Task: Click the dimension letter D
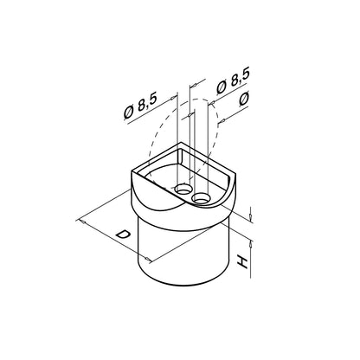[x=122, y=234]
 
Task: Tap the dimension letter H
[x=242, y=262]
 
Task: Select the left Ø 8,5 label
[x=140, y=106]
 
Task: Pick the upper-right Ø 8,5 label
[x=233, y=81]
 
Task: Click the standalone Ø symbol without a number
[x=244, y=99]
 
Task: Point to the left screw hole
[x=183, y=190]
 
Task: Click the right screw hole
[x=201, y=198]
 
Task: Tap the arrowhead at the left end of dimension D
[x=82, y=222]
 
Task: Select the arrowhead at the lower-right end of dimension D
[x=147, y=260]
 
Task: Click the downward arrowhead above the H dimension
[x=251, y=214]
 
